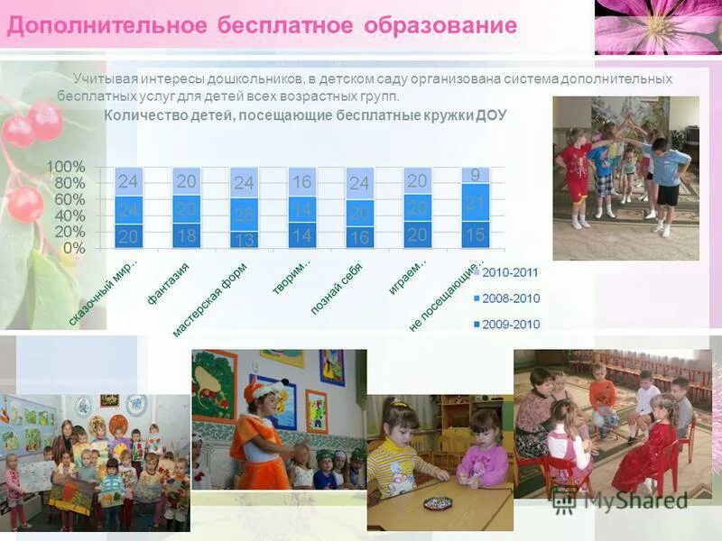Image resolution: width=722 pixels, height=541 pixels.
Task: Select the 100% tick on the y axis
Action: click(x=66, y=167)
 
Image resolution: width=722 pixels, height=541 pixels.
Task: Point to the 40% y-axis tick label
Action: click(x=69, y=216)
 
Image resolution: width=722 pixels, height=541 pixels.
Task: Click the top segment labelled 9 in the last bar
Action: click(x=475, y=175)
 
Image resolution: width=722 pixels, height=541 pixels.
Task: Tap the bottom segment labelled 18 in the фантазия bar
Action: click(x=186, y=235)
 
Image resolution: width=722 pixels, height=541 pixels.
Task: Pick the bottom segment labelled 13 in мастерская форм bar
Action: click(x=244, y=239)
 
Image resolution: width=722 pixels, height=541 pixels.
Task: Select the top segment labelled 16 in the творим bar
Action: click(x=301, y=182)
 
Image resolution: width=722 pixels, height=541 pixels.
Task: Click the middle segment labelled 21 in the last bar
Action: click(x=475, y=203)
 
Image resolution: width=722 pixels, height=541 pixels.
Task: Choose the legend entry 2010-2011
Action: click(x=510, y=270)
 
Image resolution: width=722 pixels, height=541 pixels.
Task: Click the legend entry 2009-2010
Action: click(x=510, y=325)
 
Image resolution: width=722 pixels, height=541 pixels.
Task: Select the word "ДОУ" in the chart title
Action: click(x=490, y=115)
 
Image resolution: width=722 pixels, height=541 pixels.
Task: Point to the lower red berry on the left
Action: click(x=24, y=204)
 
